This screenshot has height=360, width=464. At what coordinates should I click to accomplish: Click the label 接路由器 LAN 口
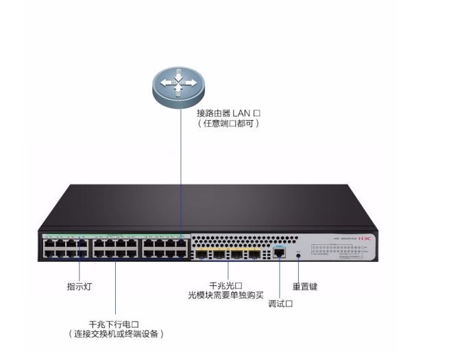tap(229, 112)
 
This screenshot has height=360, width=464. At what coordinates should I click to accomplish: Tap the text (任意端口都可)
tap(229, 123)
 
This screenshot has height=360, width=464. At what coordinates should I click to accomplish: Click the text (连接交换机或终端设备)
tap(116, 334)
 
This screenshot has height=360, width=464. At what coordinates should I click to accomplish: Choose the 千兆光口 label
tap(225, 284)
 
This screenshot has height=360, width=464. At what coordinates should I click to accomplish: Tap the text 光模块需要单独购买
tap(225, 294)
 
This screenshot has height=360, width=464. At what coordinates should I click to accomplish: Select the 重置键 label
tap(304, 287)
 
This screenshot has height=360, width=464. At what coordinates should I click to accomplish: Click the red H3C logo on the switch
tap(367, 239)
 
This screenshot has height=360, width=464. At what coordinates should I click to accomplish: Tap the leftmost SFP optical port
tap(202, 254)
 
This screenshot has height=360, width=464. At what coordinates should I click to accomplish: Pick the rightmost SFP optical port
tap(253, 254)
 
